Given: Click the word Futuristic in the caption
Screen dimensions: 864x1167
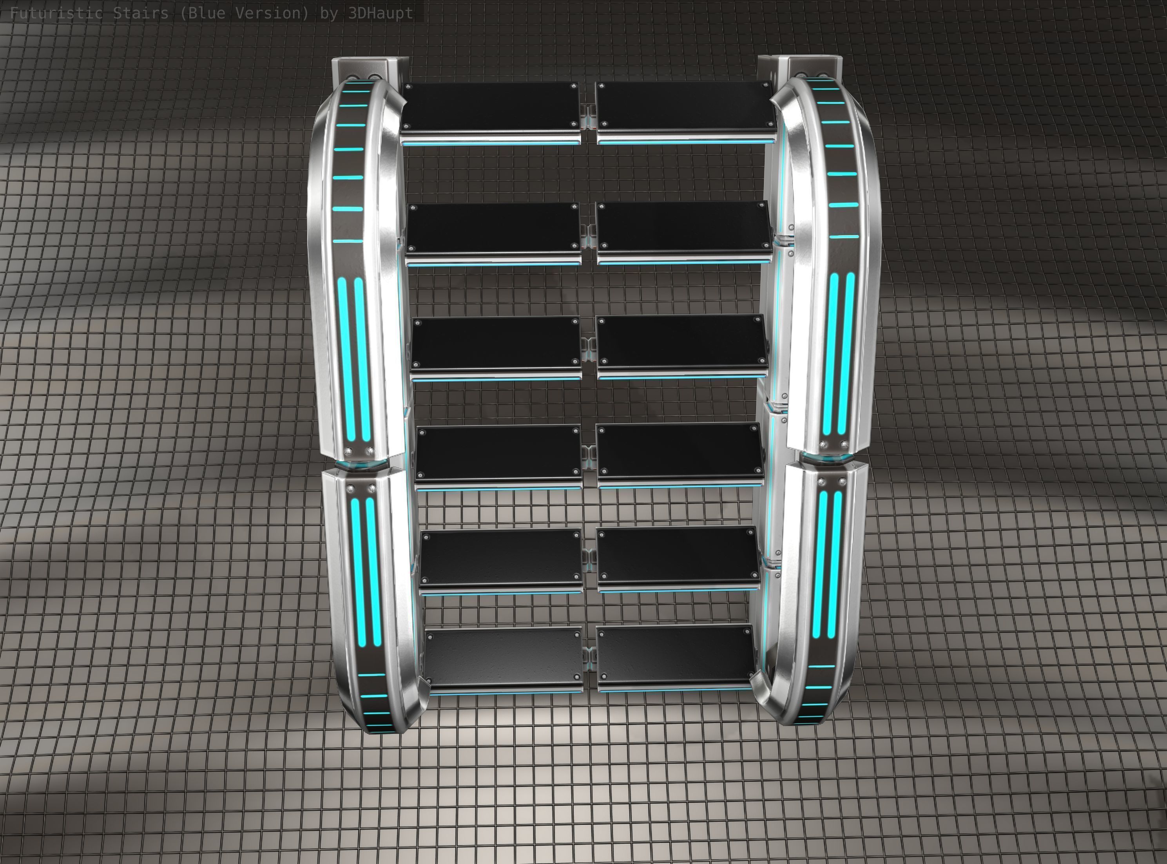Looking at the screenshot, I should [56, 13].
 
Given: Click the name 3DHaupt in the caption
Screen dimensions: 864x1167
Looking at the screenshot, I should [380, 13].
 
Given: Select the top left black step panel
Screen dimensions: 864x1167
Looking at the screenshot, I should [490, 106].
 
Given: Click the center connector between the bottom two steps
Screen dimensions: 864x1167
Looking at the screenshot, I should [589, 656].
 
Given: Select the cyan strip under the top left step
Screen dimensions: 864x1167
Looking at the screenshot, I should [491, 142].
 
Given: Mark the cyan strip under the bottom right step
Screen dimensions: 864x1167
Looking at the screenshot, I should [675, 690].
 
